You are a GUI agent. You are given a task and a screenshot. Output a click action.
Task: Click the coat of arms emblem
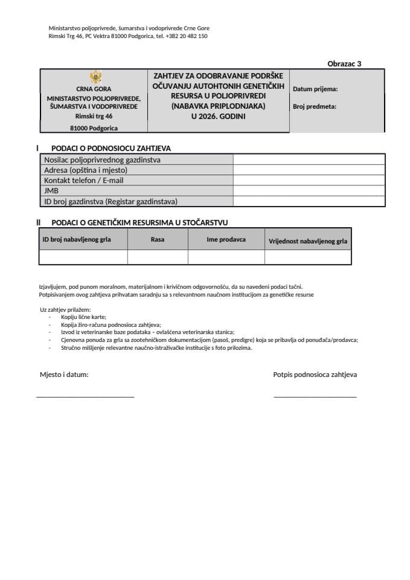coord(94,77)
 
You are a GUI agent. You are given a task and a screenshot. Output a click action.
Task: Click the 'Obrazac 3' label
coord(344,63)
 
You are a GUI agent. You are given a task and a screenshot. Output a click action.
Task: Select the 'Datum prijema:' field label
coord(315,89)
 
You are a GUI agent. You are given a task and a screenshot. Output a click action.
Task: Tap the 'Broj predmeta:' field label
coord(314,106)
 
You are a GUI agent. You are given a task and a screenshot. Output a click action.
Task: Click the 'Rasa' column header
coord(158,240)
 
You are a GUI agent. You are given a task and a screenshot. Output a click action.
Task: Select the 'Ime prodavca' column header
coord(226,240)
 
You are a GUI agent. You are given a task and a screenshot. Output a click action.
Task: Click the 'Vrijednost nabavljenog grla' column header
coord(308,241)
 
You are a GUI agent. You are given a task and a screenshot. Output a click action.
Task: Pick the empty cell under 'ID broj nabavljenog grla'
coord(83,257)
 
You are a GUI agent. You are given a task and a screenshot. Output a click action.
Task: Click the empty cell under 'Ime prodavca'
coord(226,257)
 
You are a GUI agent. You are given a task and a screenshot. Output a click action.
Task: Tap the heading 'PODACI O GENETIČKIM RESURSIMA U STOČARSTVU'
coord(139,222)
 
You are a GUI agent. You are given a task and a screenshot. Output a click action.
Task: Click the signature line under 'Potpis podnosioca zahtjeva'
coord(315,395)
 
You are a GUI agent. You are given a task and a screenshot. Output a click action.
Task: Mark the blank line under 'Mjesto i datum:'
coord(85,395)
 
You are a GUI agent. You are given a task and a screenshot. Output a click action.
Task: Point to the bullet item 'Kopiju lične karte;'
coord(83,317)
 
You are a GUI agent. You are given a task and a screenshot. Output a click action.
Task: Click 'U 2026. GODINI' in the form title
coord(218,116)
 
